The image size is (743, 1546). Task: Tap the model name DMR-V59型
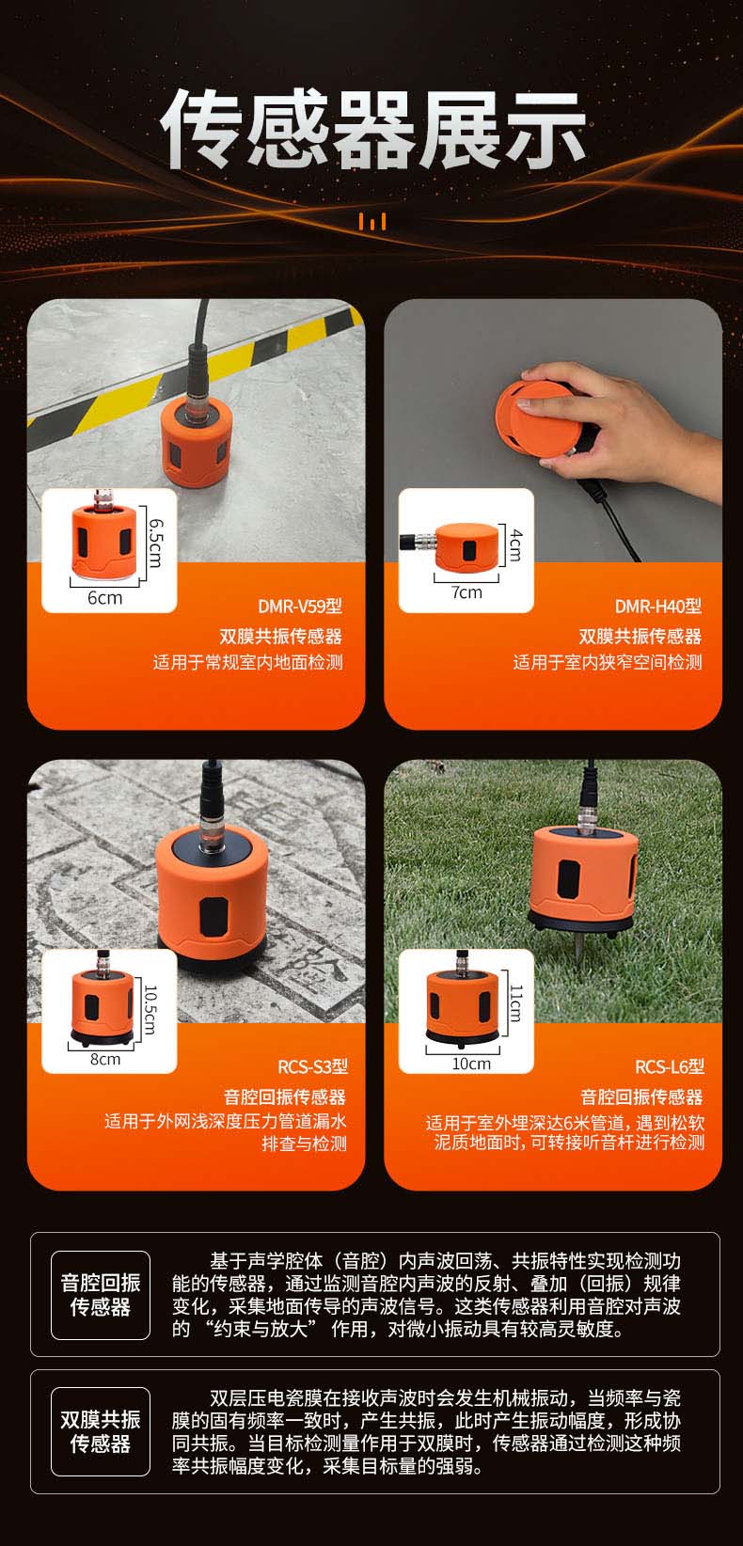coord(300,607)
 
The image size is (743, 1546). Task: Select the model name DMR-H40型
coord(658,607)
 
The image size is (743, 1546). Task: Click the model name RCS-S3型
coord(312,1066)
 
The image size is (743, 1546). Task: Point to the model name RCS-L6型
coord(670,1066)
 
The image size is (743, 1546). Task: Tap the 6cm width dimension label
coord(105,598)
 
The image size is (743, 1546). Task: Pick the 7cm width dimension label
coord(466,592)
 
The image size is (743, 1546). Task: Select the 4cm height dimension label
coord(515,544)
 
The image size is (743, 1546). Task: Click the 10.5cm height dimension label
coord(150,1009)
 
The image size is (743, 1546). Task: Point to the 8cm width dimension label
coord(105,1059)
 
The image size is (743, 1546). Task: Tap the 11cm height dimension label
coord(515,1002)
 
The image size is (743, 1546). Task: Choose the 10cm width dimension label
coord(471,1064)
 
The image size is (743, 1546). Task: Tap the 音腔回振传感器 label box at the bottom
coord(101,1295)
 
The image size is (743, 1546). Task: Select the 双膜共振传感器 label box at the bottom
coord(101,1431)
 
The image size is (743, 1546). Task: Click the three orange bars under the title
coord(372,222)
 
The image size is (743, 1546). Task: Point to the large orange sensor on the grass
coord(580,879)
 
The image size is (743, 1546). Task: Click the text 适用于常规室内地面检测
coord(248,663)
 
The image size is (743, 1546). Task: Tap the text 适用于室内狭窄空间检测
coord(608,663)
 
